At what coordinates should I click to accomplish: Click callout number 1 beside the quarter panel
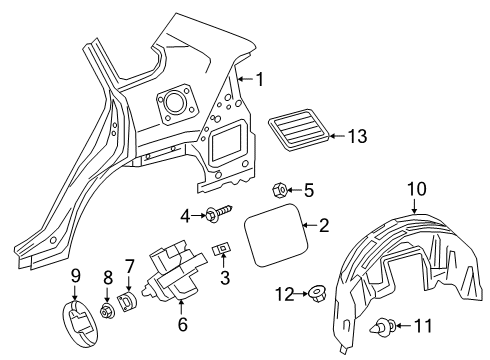[x=259, y=79]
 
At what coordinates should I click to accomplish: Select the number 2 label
[x=323, y=226]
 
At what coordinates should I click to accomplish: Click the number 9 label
[x=73, y=275]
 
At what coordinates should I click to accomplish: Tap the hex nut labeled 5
[x=279, y=189]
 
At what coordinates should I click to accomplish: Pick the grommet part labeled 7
[x=129, y=301]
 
